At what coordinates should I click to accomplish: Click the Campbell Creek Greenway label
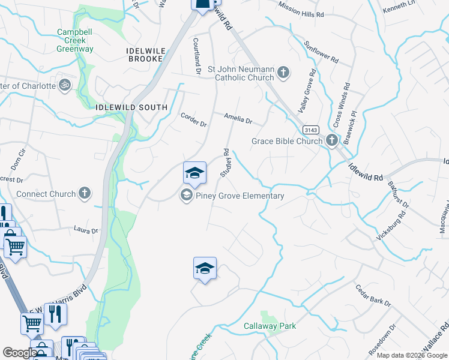click(75, 40)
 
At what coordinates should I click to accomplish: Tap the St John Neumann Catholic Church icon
click(283, 73)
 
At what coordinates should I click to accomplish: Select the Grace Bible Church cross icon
click(332, 141)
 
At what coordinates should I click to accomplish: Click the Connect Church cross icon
click(85, 194)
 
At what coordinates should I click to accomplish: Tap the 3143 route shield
click(310, 130)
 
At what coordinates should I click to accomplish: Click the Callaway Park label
click(270, 326)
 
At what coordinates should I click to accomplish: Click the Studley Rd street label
click(226, 163)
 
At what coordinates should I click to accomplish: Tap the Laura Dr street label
click(85, 230)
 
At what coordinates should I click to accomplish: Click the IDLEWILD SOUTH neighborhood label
click(131, 107)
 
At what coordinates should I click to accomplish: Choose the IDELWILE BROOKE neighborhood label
click(145, 55)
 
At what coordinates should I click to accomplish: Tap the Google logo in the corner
click(20, 353)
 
